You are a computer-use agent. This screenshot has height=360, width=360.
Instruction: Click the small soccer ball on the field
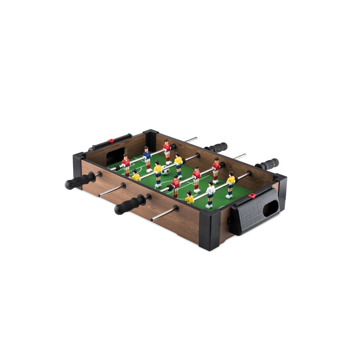165,172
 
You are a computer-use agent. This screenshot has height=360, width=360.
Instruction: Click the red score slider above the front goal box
252,195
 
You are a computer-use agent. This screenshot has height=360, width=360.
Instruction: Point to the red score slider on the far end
111,141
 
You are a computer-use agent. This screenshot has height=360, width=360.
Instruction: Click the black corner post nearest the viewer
210,230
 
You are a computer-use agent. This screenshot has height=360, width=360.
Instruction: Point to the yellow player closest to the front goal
189,198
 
